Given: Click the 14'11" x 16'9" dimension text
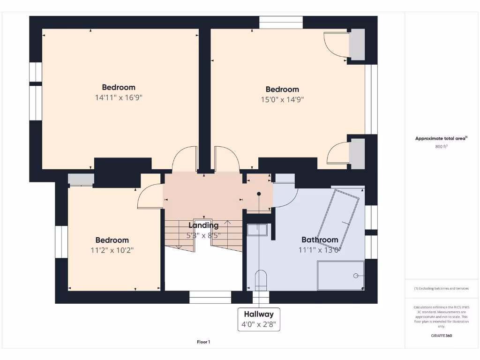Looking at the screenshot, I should click(x=119, y=98).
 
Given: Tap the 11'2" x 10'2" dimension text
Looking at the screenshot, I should click(x=112, y=250).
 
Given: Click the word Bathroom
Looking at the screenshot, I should click(x=320, y=240).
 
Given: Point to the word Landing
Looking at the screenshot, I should click(x=203, y=225).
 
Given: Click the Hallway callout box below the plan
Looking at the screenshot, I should click(x=259, y=319).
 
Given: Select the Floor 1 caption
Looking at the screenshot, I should click(x=203, y=342).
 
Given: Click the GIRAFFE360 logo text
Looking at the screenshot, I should click(x=441, y=336).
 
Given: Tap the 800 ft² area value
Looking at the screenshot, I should click(x=441, y=147).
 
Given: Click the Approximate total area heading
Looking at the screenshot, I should click(x=441, y=138).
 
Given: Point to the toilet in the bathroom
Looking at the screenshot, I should click(x=260, y=280).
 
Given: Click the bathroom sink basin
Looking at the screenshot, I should click(x=257, y=229).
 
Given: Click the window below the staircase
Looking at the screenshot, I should click(x=210, y=297).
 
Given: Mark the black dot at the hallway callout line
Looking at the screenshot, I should click(x=259, y=193).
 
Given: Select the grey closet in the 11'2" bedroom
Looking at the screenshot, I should click(x=81, y=180).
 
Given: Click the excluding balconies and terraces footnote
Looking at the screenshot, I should click(x=441, y=288).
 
